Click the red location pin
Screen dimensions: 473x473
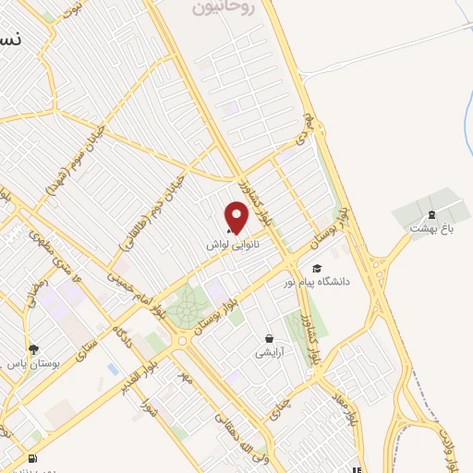pos(237,216)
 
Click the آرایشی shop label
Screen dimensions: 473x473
pos(270,353)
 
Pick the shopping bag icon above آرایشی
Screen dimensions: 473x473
pos(269,338)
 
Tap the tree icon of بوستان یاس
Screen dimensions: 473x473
pos(34,349)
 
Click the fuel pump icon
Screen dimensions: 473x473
pos(34,458)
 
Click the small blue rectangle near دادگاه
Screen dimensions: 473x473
pos(113,369)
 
